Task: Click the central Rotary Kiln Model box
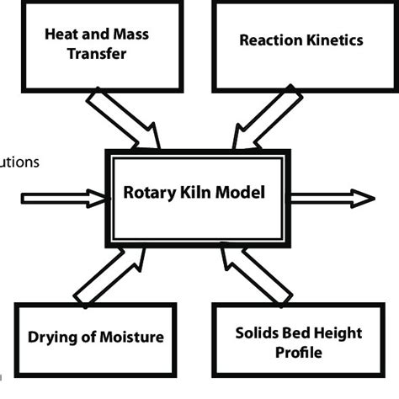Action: point(197,194)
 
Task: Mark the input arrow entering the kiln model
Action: point(63,198)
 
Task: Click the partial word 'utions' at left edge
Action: point(19,162)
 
